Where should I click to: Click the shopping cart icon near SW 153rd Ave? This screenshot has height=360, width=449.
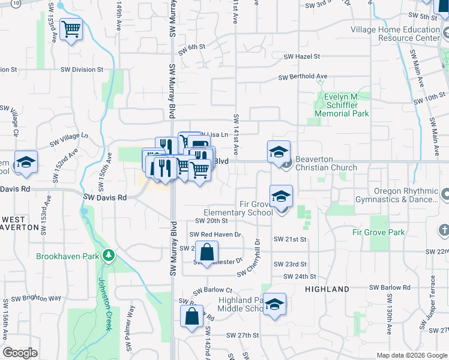pos(71,29)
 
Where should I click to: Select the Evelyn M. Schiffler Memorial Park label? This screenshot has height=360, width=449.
pos(342,105)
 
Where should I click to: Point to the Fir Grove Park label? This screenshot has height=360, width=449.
pos(379,232)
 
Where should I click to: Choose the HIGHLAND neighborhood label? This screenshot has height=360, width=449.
pos(327,289)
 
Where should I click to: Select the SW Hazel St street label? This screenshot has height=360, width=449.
pos(302,56)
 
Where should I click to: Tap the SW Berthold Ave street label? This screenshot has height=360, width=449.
pos(303,77)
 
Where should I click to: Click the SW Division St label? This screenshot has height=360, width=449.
pos(82,70)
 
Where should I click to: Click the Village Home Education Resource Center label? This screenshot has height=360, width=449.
pos(395,34)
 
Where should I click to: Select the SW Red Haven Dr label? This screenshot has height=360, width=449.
pos(215,235)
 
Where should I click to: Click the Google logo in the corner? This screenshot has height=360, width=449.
pos(20,353)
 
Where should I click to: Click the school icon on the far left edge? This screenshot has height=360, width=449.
pos(26,162)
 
